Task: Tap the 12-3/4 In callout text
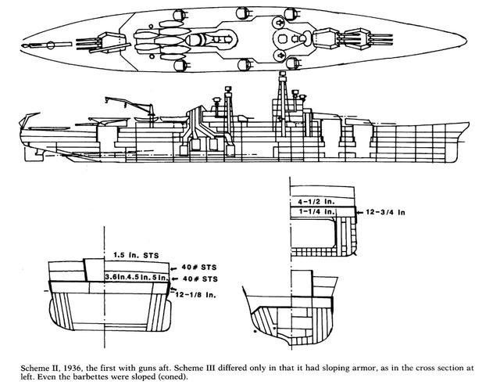[390, 210]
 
